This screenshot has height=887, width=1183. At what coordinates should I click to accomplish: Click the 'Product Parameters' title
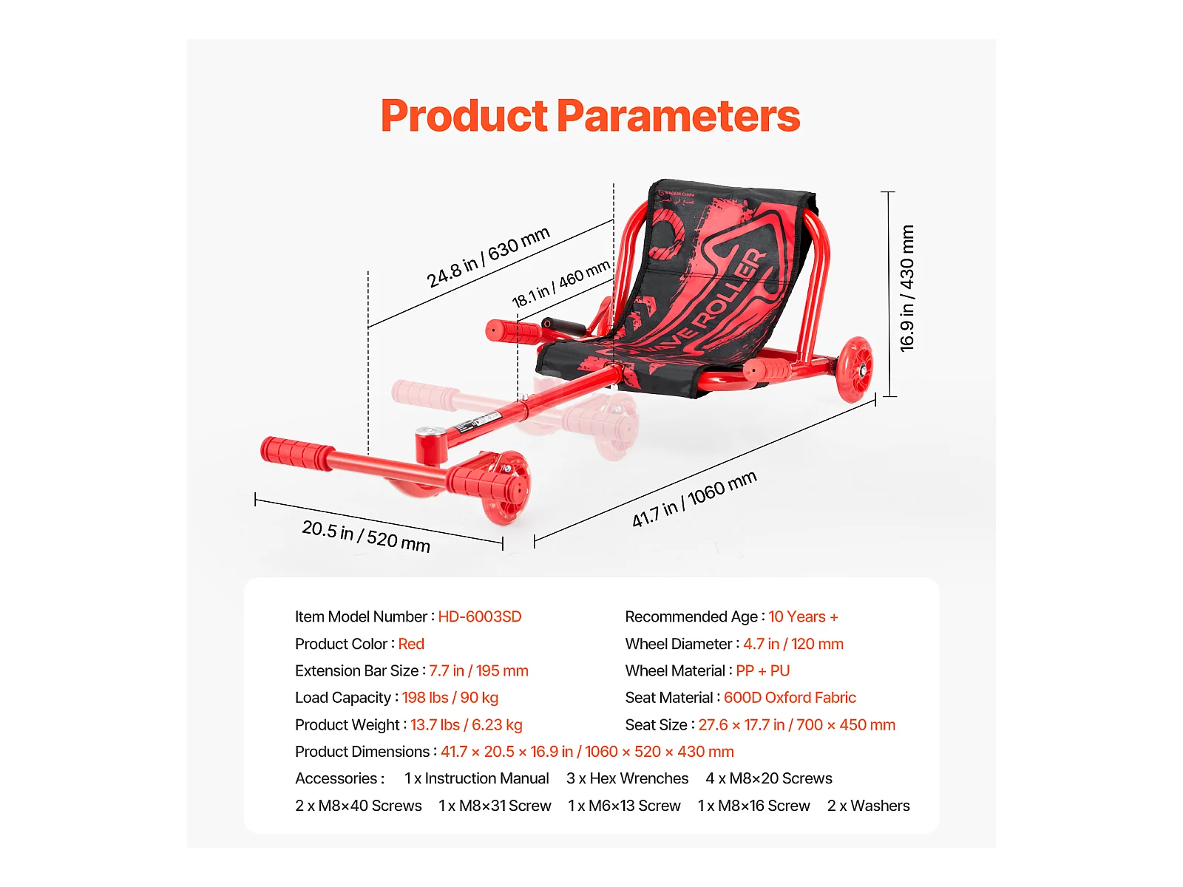tap(590, 116)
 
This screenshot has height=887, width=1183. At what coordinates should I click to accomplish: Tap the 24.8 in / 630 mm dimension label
tap(488, 257)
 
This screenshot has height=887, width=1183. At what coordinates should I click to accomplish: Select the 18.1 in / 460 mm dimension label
tap(560, 284)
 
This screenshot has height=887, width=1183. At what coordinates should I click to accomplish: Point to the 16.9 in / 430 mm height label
tap(907, 288)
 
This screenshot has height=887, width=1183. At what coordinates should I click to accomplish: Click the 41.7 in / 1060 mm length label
tap(694, 499)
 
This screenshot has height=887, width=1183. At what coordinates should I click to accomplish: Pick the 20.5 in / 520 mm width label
tap(366, 537)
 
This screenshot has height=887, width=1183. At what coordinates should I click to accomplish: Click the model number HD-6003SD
tap(480, 616)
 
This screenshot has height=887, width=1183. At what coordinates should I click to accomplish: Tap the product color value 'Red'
tap(411, 644)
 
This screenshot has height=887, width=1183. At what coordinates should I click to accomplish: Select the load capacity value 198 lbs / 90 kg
tap(450, 698)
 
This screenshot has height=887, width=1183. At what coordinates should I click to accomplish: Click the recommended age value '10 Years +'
tap(803, 616)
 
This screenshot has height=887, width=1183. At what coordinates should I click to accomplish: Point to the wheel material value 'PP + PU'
tap(762, 670)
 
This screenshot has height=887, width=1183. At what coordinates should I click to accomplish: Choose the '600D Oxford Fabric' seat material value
tap(790, 698)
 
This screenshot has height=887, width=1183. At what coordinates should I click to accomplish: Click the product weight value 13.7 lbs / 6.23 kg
tap(467, 725)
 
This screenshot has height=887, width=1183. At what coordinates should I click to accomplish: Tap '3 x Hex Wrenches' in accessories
tap(627, 778)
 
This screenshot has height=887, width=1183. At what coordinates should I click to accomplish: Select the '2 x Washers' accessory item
tap(868, 806)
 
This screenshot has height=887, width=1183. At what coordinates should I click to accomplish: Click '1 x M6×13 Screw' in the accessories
tap(624, 806)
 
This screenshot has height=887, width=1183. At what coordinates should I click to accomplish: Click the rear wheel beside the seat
tap(855, 370)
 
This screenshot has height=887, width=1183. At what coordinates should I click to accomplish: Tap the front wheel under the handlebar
tap(504, 487)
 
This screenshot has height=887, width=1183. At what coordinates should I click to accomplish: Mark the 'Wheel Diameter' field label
tap(679, 644)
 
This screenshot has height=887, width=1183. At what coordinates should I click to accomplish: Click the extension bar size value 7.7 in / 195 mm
tap(478, 670)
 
